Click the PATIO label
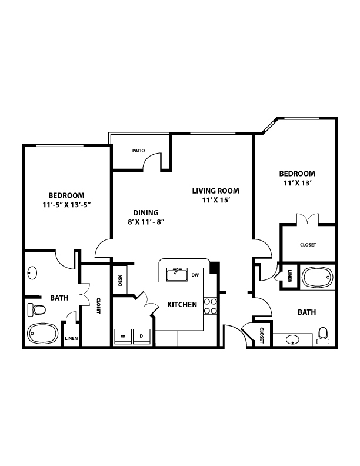(138, 151)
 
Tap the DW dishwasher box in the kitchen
(195, 275)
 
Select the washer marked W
(123, 336)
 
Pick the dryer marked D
(141, 336)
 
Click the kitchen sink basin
(176, 274)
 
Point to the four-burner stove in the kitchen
(211, 307)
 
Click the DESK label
(120, 280)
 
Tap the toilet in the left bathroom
(36, 309)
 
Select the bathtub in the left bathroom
(42, 334)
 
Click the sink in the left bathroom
(32, 273)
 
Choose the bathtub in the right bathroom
(318, 277)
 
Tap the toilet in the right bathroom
(323, 335)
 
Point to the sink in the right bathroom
(293, 339)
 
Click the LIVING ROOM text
(216, 191)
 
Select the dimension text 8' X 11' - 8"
(146, 222)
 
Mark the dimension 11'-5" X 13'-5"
(66, 205)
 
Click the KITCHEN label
(182, 305)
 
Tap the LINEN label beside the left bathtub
(71, 338)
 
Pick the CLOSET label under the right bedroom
(308, 245)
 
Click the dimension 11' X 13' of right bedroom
(297, 183)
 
